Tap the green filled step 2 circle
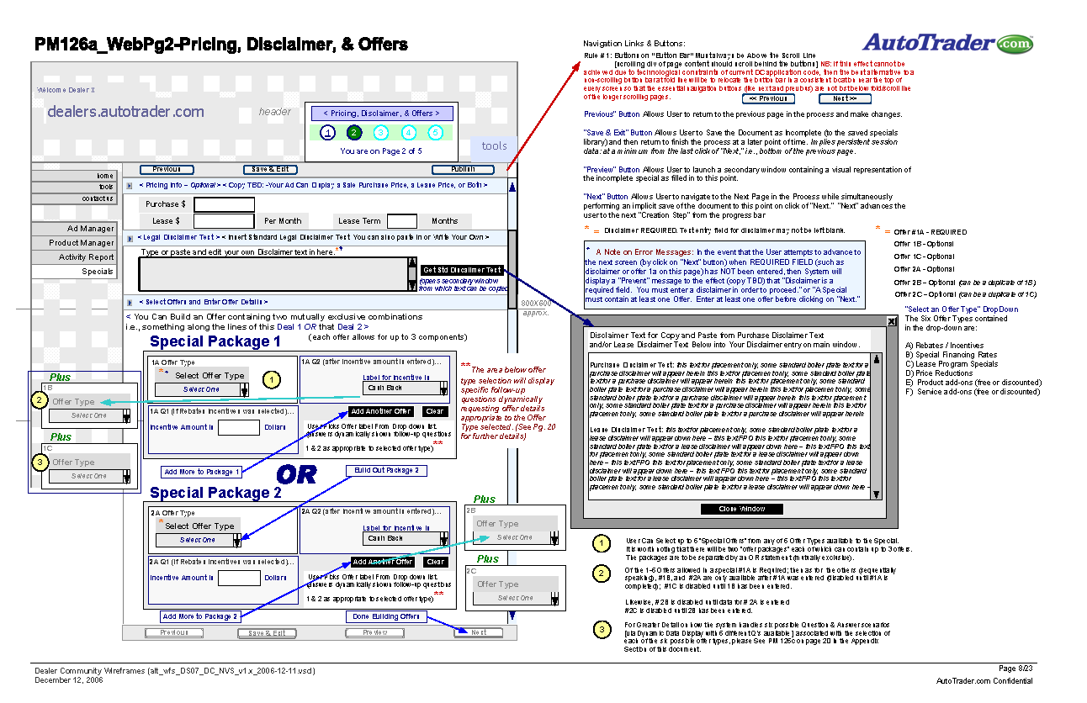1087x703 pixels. point(354,133)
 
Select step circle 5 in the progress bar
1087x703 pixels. point(435,133)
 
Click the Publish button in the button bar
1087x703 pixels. point(463,169)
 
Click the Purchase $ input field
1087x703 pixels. point(224,204)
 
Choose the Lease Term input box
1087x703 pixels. point(401,221)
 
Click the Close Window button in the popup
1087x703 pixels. point(741,509)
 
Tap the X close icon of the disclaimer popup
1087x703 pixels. point(892,322)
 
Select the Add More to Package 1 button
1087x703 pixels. point(202,472)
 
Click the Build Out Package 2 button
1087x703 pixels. point(386,471)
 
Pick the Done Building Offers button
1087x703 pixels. point(386,616)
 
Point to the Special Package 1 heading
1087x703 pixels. point(215,341)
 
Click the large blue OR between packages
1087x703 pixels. point(296,475)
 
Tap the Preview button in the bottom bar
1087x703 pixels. point(375,632)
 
